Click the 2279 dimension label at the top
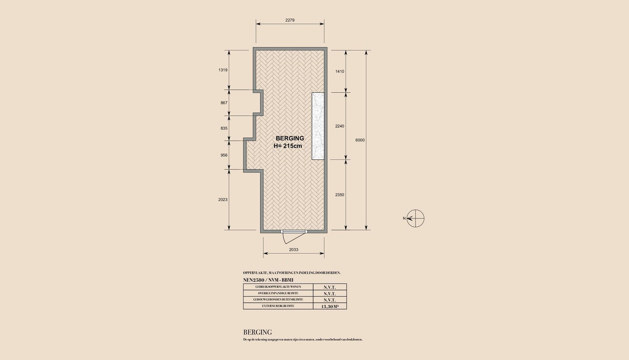click(x=290, y=20)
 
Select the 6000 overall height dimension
click(x=360, y=140)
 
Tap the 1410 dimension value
click(x=340, y=71)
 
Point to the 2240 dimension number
click(x=340, y=126)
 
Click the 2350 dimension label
click(x=340, y=195)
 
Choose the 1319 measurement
click(x=223, y=70)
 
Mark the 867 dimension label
click(x=224, y=103)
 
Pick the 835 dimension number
click(x=224, y=128)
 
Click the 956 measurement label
click(x=224, y=155)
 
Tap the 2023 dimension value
click(x=223, y=200)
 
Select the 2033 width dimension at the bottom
click(x=294, y=250)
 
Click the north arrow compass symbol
click(x=415, y=219)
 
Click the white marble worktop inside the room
click(x=318, y=126)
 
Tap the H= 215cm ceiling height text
click(x=288, y=146)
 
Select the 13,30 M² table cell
click(x=330, y=306)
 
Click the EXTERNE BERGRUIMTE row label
click(x=278, y=306)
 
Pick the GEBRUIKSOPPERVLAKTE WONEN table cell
click(x=278, y=287)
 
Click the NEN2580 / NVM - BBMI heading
click(x=268, y=280)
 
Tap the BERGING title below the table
click(x=258, y=332)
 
